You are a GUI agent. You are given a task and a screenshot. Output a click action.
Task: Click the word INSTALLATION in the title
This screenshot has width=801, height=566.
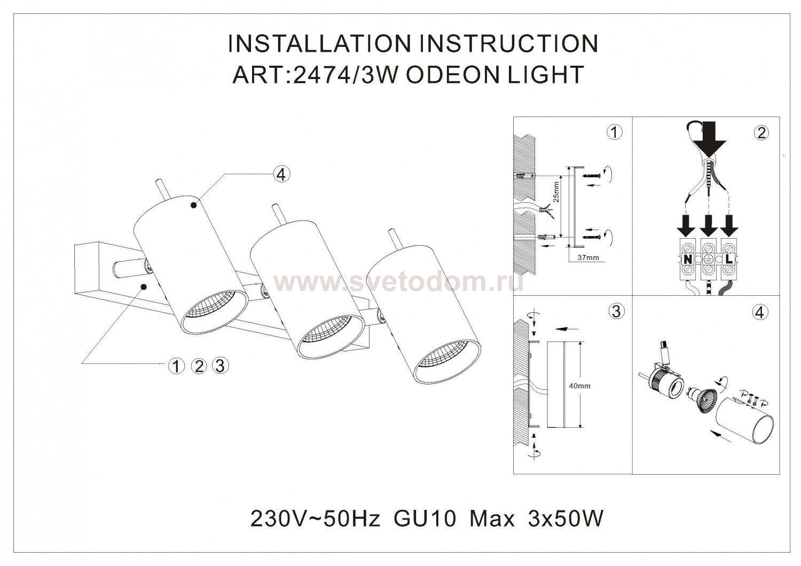(x=319, y=44)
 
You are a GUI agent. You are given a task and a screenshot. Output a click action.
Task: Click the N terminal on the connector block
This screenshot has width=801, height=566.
(x=688, y=258)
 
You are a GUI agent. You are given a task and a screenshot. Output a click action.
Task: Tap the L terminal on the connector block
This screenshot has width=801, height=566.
(x=728, y=258)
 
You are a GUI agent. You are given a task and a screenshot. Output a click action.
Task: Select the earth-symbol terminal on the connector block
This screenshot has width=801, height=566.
(x=708, y=258)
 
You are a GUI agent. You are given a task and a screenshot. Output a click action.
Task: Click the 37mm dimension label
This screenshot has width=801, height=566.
(x=588, y=257)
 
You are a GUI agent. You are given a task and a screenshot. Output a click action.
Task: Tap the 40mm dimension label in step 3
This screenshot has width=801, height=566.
(x=580, y=386)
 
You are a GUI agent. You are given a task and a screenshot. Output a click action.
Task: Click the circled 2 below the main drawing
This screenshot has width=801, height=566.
(x=199, y=366)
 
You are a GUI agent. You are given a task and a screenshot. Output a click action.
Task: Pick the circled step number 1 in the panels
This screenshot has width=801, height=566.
(x=614, y=132)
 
